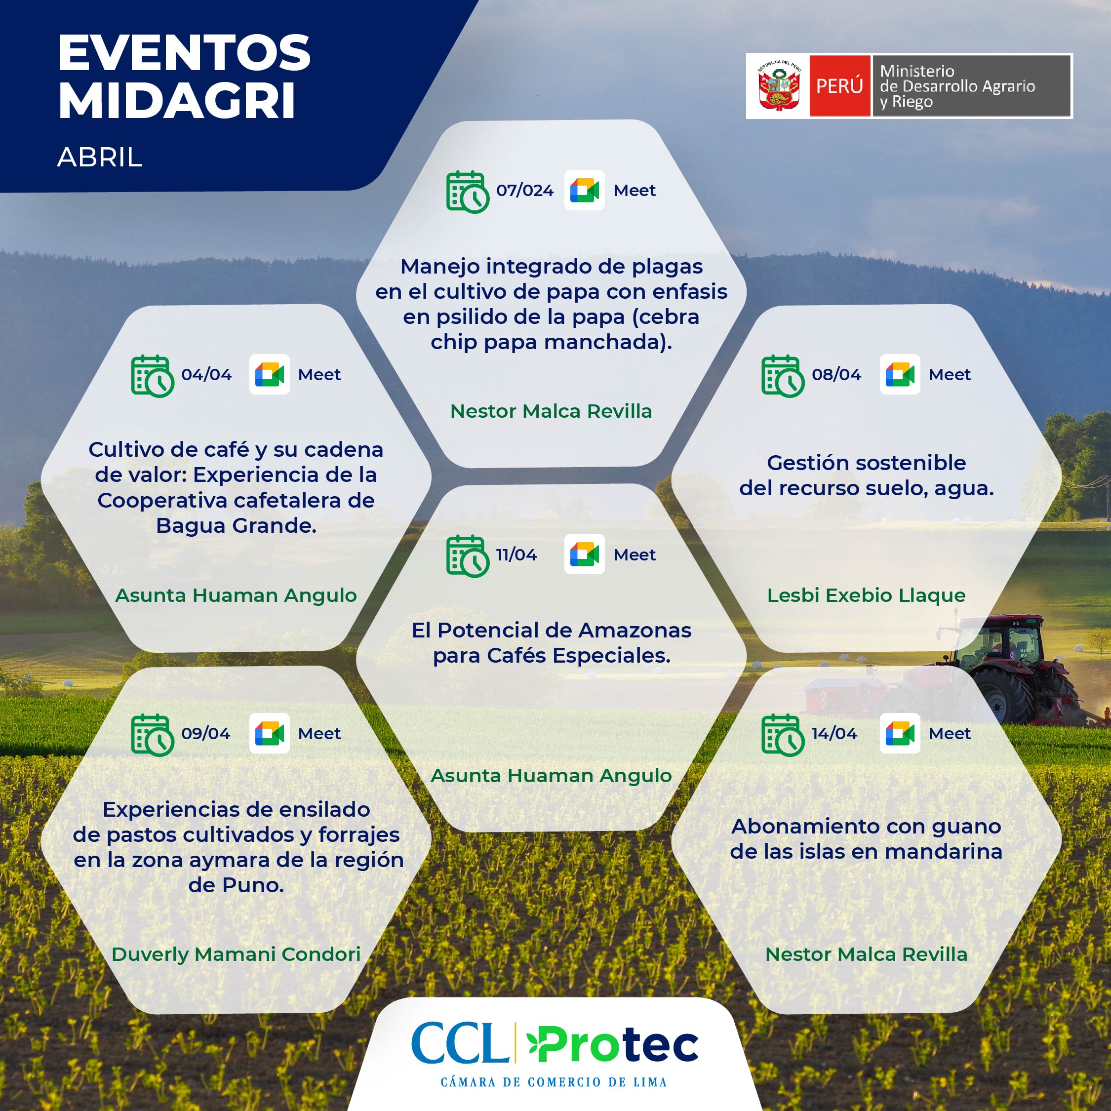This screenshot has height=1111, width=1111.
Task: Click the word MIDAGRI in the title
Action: [177, 101]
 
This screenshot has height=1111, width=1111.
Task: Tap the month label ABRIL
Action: [99, 157]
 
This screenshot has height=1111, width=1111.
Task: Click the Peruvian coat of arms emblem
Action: [779, 87]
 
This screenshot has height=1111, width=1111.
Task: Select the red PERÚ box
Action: [839, 86]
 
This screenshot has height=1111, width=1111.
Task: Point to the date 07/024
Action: [524, 190]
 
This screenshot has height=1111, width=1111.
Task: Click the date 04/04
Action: [206, 374]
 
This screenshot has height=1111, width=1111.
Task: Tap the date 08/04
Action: [836, 374]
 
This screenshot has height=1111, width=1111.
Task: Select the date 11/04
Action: [516, 555]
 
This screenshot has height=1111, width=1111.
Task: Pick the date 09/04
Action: [205, 733]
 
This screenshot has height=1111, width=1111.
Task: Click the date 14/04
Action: [834, 733]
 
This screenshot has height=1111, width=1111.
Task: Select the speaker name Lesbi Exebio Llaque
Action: [866, 595]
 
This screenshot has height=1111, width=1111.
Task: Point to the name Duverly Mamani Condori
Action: [236, 954]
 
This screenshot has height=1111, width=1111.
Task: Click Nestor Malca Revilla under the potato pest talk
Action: [551, 411]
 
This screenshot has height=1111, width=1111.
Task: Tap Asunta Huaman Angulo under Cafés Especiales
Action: [551, 775]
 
